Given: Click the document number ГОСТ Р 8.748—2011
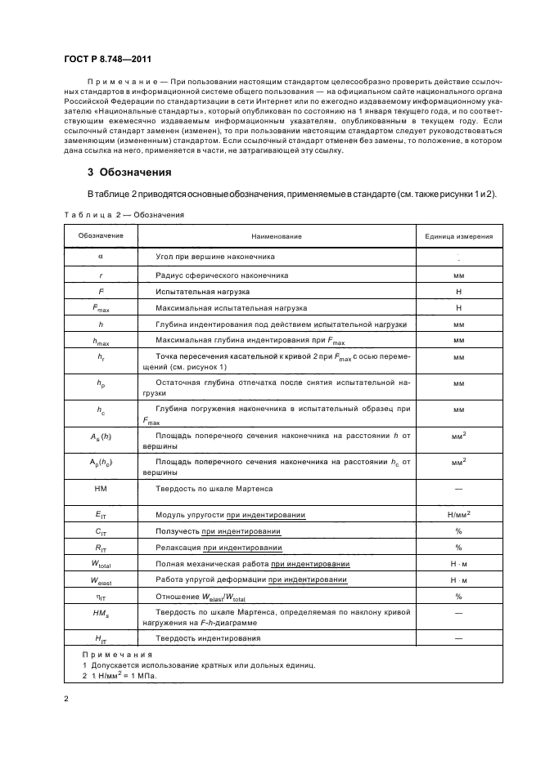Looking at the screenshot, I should pos(106,60).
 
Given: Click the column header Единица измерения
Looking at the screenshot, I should pos(458,236).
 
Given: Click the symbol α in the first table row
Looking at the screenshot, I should pos(101,257).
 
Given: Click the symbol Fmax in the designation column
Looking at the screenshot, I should pos(101,309).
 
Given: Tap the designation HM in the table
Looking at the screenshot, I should pos(101,489).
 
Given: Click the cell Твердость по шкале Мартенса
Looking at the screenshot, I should pos(214,489).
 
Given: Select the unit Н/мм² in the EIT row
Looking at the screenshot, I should pos(458,514).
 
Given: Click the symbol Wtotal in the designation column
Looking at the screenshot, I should pos(101,565).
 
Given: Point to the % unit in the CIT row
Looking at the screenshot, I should pos(458,531).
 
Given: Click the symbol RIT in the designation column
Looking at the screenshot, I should pos(101,548).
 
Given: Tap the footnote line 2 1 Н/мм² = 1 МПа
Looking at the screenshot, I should pos(119,676).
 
